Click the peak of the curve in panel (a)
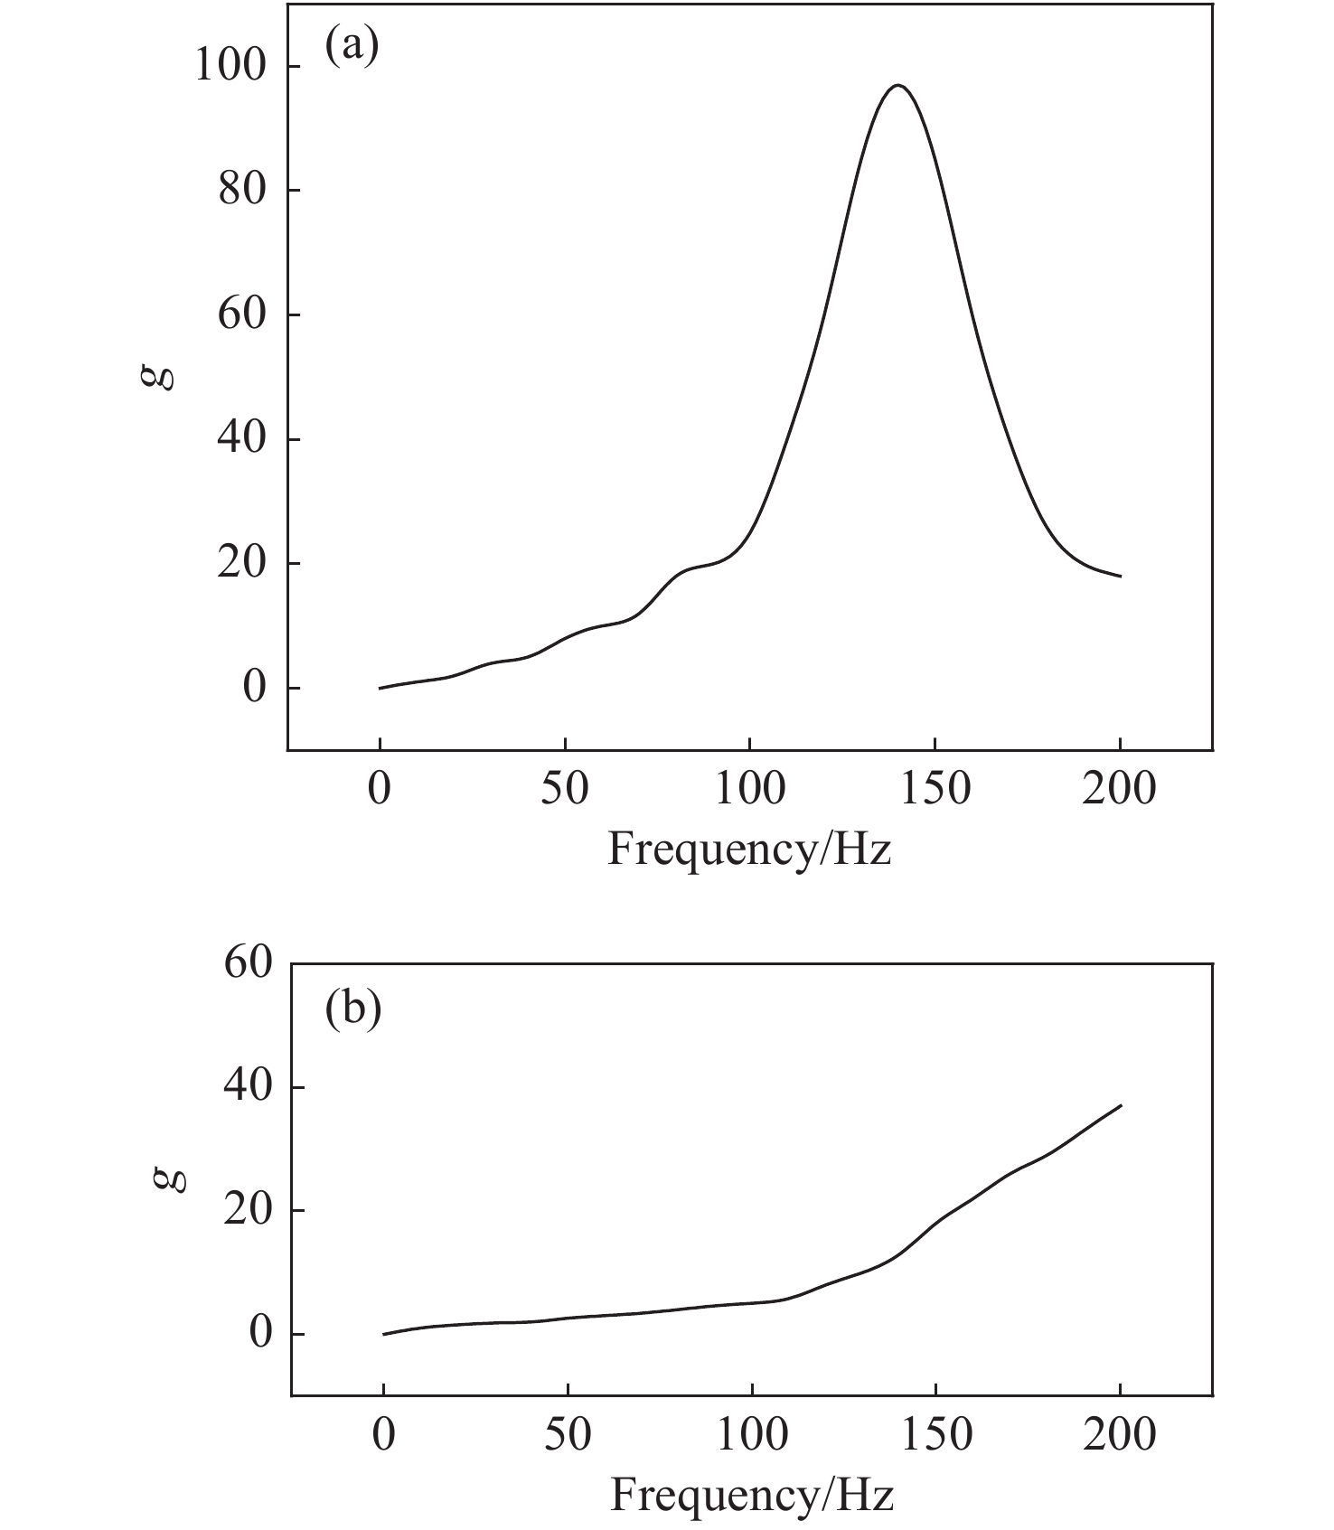pos(897,85)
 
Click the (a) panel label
pos(352,45)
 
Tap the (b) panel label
pos(352,1008)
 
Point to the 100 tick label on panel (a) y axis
pos(230,67)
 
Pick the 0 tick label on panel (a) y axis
pos(255,688)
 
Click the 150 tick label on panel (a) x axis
pos(935,789)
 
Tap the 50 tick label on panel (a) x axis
pos(565,789)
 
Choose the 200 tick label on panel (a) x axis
pos(1120,789)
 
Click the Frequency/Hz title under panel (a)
pos(749,849)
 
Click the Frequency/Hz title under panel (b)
pos(751,1495)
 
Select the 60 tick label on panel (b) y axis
pos(248,965)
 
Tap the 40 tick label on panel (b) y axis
pos(248,1087)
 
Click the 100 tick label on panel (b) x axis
pos(751,1435)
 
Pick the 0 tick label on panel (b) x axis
pos(384,1435)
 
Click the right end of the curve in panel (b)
pos(1121,1105)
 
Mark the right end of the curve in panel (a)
pos(1121,577)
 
